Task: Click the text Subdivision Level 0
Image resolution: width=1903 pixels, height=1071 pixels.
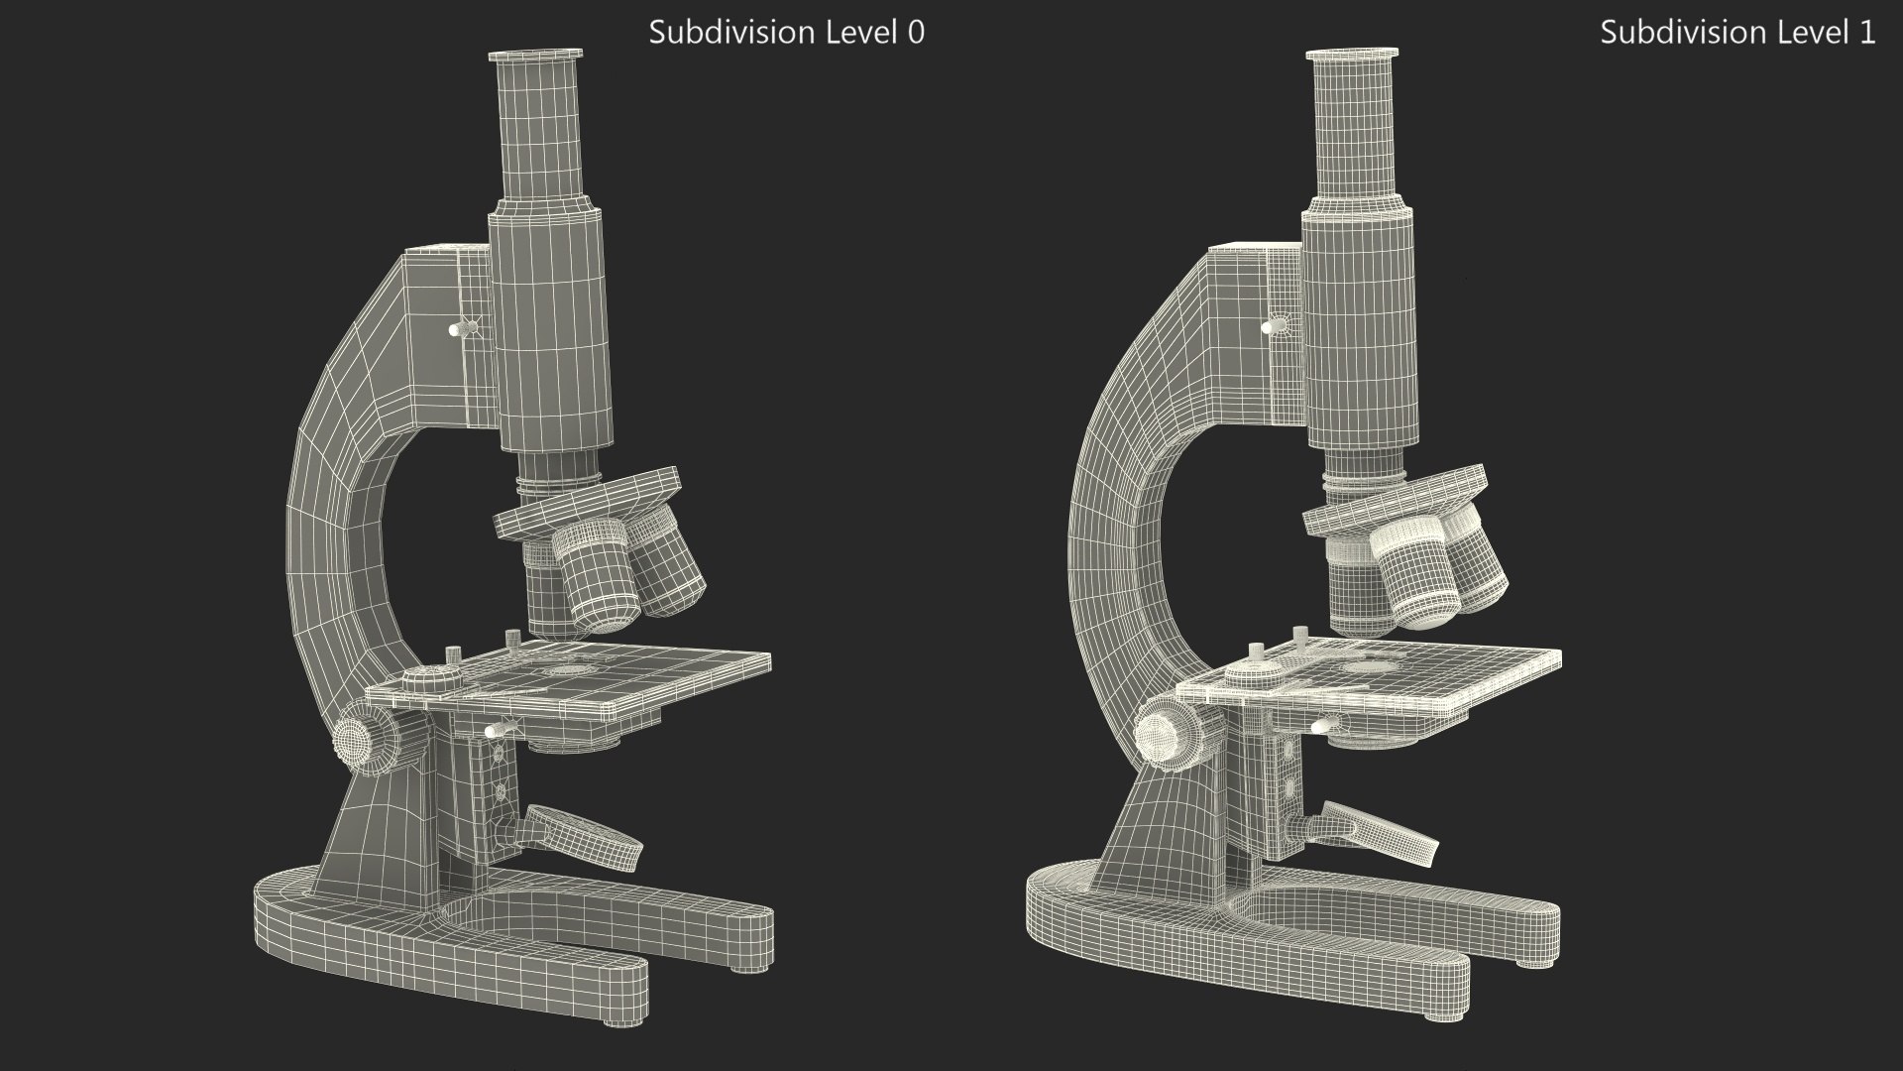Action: tap(786, 33)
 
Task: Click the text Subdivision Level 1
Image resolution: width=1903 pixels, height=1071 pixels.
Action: tap(1736, 33)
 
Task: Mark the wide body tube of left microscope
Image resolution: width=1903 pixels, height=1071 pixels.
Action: tap(547, 327)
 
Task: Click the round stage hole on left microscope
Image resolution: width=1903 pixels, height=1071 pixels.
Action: tap(568, 670)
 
